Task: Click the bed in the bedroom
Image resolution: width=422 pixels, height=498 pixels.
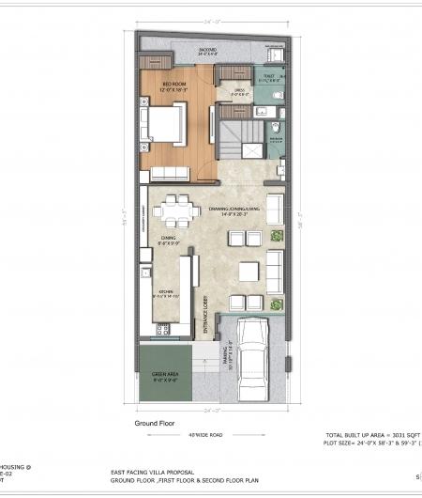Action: point(161,123)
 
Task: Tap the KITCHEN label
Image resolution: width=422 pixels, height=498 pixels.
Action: point(163,292)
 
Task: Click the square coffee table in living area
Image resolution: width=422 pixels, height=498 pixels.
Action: point(248,272)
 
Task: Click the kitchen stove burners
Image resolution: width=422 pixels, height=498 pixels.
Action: point(148,272)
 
